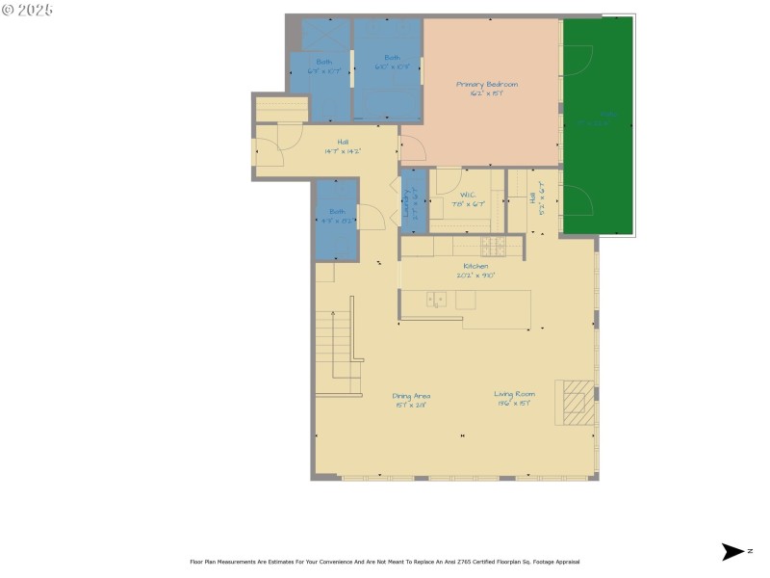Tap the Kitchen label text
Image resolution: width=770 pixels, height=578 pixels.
[475, 266]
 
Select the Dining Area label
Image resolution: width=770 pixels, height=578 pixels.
[411, 395]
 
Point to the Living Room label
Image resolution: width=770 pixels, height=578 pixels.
[515, 393]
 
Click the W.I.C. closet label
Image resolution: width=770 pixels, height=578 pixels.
[469, 195]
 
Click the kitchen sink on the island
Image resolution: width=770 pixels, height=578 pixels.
[436, 300]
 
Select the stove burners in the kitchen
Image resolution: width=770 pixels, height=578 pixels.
[493, 245]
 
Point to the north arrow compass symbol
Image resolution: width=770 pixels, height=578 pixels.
[733, 552]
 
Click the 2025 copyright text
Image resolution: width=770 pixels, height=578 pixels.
[28, 10]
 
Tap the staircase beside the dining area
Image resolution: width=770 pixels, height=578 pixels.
[339, 347]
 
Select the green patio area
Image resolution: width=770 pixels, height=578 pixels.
[598, 125]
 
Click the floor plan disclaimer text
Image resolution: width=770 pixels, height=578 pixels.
[385, 562]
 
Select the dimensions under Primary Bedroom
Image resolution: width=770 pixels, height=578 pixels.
[486, 93]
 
